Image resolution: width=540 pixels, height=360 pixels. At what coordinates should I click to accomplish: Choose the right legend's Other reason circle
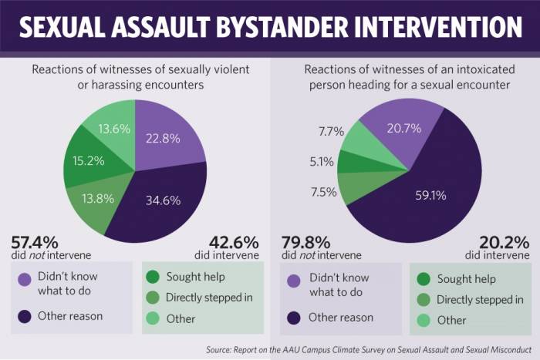pos(293,316)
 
